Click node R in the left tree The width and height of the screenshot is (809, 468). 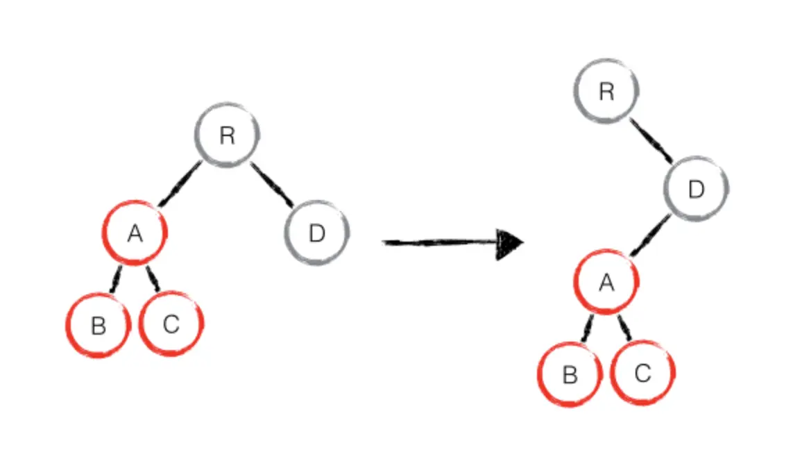coord(227,135)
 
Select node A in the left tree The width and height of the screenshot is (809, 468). coord(135,234)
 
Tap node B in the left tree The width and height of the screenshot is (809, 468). coord(99,325)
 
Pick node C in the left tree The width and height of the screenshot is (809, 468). coord(171,324)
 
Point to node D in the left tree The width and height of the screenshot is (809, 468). coord(317,234)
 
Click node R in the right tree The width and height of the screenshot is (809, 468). coord(606,92)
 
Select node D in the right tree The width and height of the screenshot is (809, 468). coord(696,190)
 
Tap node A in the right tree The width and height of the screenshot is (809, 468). coord(606,282)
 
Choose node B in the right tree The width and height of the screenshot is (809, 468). coord(570,375)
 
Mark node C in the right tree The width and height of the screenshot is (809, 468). coord(642,374)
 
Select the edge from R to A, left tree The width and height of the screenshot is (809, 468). coord(180,184)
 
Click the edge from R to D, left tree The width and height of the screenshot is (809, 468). coord(272,185)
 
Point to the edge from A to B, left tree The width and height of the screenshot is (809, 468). coord(116,279)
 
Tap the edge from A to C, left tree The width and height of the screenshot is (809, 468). coord(153,279)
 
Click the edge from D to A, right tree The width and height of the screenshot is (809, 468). coord(650,236)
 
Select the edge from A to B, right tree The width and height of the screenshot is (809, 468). coord(587,328)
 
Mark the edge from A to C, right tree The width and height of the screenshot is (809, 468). coord(624,328)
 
